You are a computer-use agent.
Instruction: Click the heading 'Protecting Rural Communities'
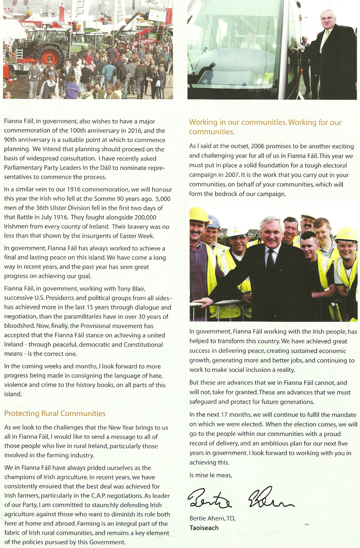pos(55,413)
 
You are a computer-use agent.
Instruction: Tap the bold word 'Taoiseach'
pos(204,528)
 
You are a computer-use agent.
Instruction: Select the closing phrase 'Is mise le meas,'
pos(210,475)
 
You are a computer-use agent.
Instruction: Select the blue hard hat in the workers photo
pos(214,221)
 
